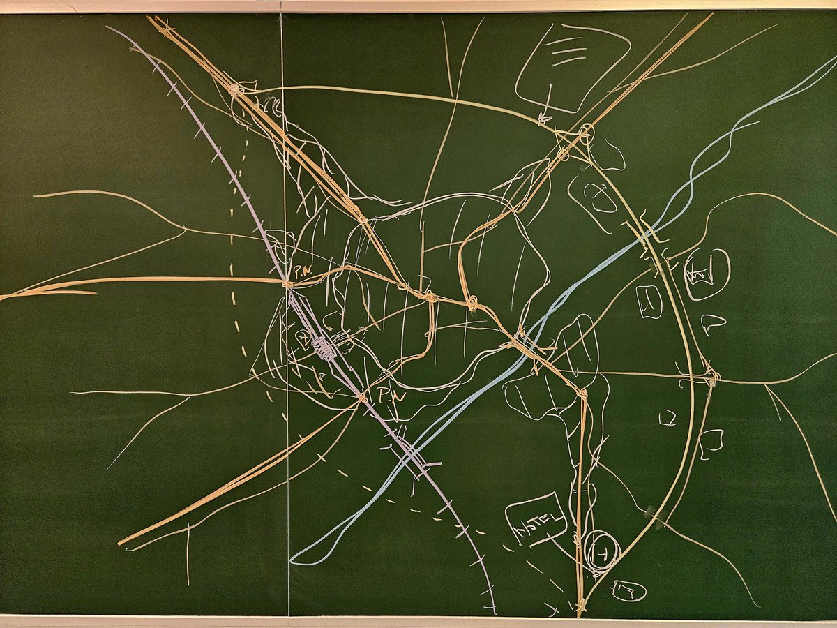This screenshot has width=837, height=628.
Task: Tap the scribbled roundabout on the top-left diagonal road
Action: point(236,89)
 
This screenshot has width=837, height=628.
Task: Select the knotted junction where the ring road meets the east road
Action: point(710,377)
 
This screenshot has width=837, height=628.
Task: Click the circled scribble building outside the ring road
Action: point(707,274)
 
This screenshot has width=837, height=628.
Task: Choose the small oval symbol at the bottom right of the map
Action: point(628,591)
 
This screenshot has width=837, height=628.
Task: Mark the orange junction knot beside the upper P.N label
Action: point(286,282)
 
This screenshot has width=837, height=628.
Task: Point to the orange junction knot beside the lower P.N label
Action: point(361,398)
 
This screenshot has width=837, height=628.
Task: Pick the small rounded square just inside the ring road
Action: point(649,302)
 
